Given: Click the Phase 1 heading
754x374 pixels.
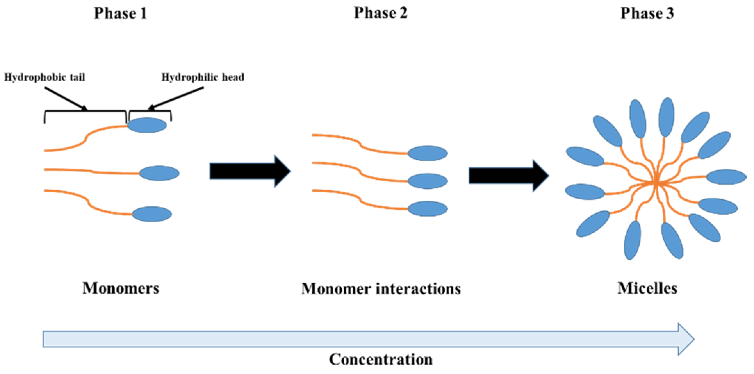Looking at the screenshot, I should point(120,14).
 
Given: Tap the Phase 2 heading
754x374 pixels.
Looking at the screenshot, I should point(380,13).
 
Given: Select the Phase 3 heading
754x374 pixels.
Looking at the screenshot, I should point(647,14).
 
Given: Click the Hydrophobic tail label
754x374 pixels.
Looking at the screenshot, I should point(44,77).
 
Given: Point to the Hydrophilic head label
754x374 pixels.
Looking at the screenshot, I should point(203,77).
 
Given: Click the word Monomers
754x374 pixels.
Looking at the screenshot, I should point(121,288).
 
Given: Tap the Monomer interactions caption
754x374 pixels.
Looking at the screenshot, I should point(381,289).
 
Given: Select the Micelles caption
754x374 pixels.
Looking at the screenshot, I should point(647,288).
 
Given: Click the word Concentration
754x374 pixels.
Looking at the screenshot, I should point(381,359).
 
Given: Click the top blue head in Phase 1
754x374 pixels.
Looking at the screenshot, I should point(147,125).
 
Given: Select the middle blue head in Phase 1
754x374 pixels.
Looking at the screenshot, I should point(159,173).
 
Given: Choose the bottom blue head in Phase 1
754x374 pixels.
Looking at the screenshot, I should point(152,214).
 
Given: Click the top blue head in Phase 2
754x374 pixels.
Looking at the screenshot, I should point(427,153).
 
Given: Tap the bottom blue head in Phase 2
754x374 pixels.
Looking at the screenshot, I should point(427,209).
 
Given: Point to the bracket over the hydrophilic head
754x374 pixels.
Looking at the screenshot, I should point(150,111).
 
